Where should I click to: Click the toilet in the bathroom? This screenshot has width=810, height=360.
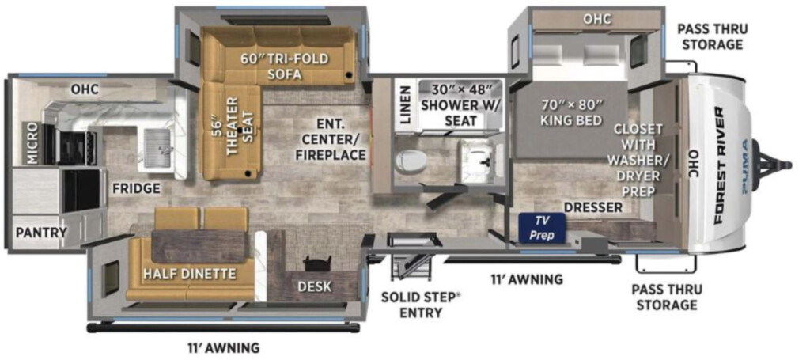[411, 161]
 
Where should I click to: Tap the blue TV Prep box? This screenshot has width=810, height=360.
[543, 228]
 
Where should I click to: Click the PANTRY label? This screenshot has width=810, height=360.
[41, 232]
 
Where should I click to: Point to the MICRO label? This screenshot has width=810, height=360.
[31, 143]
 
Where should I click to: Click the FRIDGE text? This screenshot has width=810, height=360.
[136, 188]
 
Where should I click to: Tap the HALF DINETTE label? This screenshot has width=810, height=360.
[191, 273]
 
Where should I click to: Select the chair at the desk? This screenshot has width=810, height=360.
[316, 263]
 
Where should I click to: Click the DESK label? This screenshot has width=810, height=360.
[315, 286]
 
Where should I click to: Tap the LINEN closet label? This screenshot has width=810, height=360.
[406, 105]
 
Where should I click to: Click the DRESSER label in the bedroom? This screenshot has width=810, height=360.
[593, 207]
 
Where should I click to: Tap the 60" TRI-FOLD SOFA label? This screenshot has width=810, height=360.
[285, 66]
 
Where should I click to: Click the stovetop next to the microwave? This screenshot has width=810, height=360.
[77, 146]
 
